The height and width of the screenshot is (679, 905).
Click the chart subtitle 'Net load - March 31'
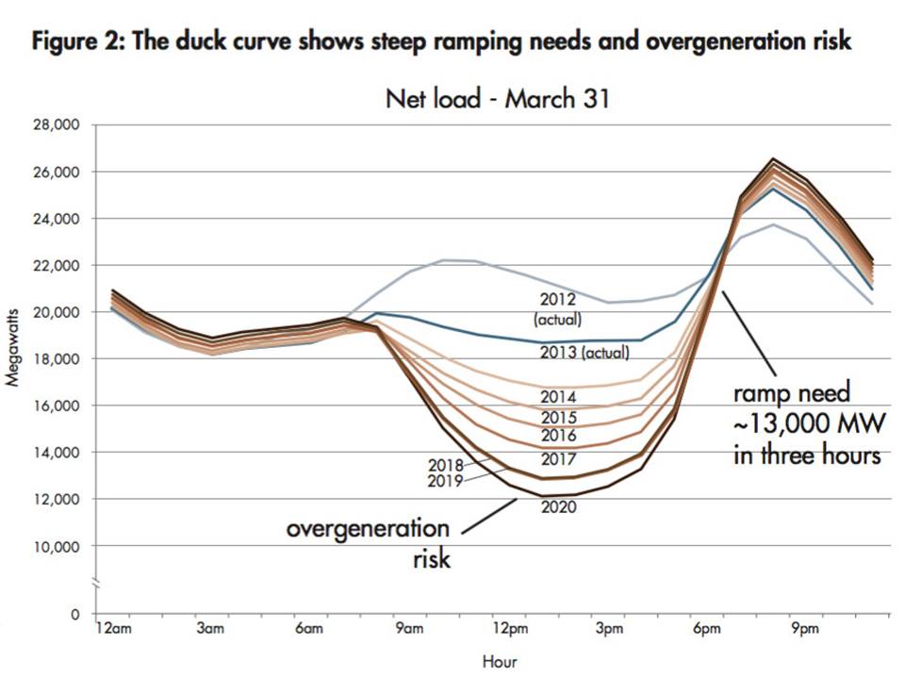coord(498,98)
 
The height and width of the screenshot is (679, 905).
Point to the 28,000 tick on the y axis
coord(60,125)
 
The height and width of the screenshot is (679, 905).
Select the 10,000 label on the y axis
coord(60,547)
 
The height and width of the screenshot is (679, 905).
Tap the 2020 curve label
coord(558,507)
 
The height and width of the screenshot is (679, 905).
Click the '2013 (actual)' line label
coord(586,354)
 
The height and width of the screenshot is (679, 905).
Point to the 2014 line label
coord(558,396)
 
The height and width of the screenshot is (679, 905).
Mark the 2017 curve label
coord(558,459)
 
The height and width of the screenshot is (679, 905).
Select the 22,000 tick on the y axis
coord(60,266)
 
